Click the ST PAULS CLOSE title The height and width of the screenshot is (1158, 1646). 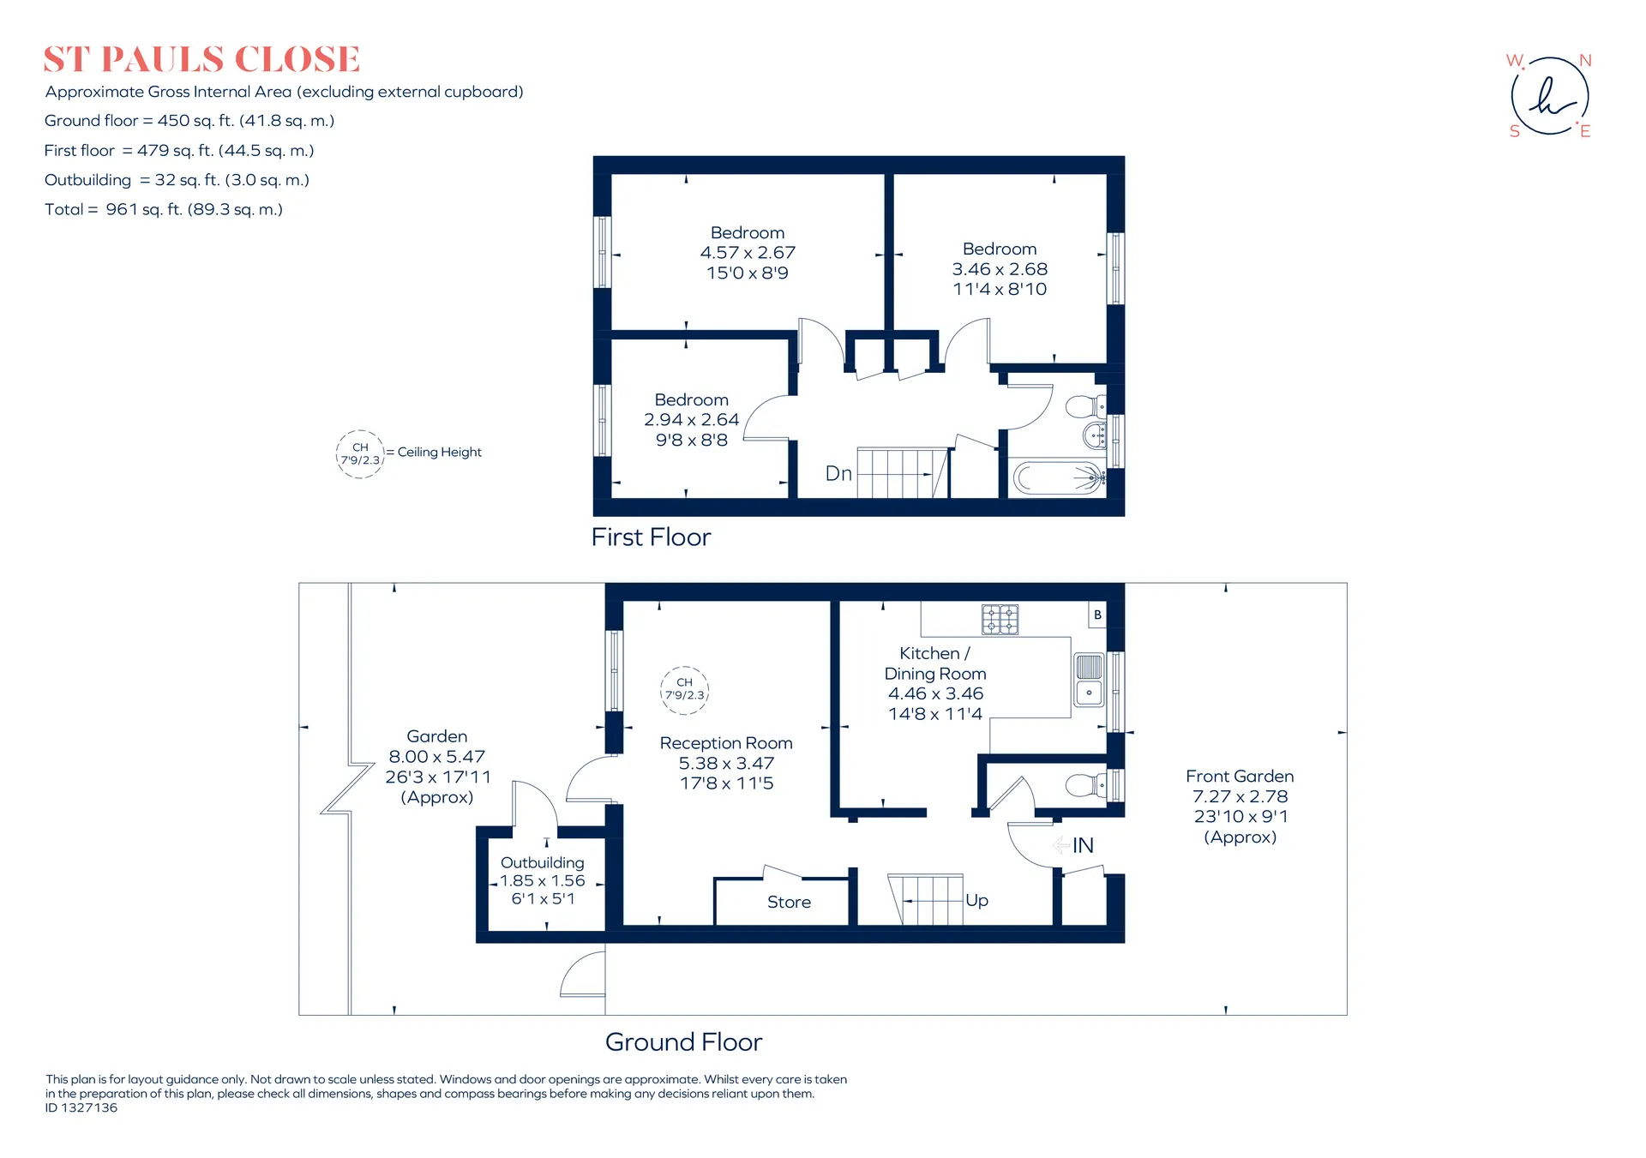pyautogui.click(x=201, y=59)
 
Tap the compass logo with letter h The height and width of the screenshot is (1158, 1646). pyautogui.click(x=1549, y=96)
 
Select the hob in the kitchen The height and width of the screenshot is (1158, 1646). pyautogui.click(x=1000, y=619)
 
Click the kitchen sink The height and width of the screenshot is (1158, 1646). pyautogui.click(x=1089, y=679)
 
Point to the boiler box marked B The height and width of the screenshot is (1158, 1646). pyautogui.click(x=1097, y=615)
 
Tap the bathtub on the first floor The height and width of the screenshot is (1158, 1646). pyautogui.click(x=1059, y=477)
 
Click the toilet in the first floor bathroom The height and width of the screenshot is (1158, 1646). pyautogui.click(x=1085, y=406)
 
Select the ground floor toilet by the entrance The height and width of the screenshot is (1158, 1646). pyautogui.click(x=1086, y=784)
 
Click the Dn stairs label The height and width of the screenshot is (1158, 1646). pyautogui.click(x=838, y=474)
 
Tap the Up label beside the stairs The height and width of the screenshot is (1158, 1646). pyautogui.click(x=976, y=900)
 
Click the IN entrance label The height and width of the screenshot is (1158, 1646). pyautogui.click(x=1083, y=845)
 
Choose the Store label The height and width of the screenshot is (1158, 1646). pyautogui.click(x=789, y=902)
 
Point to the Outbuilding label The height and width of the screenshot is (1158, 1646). pyautogui.click(x=543, y=862)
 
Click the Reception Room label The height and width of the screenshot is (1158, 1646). pyautogui.click(x=726, y=743)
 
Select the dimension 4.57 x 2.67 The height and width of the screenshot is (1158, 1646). pyautogui.click(x=748, y=253)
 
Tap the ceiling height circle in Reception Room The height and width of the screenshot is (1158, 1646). pyautogui.click(x=685, y=690)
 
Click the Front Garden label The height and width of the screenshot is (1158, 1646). pyautogui.click(x=1240, y=776)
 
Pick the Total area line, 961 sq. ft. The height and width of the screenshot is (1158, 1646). pyautogui.click(x=164, y=209)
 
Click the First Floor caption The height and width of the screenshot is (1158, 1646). pyautogui.click(x=652, y=537)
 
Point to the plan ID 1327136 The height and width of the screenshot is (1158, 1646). pyautogui.click(x=81, y=1107)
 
